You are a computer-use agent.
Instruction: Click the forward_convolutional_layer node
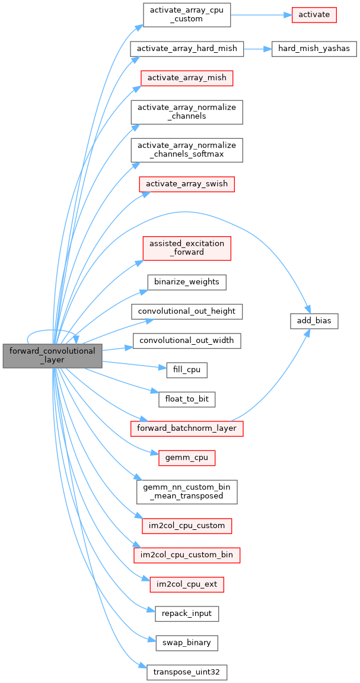pos(52,355)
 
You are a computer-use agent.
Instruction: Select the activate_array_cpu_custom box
pos(187,14)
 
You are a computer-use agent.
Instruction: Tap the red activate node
pos(314,14)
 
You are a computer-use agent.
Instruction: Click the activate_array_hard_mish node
pos(187,48)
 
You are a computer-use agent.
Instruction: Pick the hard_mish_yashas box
pos(314,48)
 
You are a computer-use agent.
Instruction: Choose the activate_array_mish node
pos(187,78)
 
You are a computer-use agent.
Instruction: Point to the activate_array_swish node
pos(187,183)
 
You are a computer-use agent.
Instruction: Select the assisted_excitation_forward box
pos(187,247)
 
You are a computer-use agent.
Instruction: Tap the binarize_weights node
pos(187,281)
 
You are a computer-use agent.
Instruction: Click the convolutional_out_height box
pos(187,311)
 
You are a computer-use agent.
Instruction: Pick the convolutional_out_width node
pos(187,341)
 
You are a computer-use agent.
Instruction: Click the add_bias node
pos(314,321)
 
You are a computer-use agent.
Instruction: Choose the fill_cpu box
pos(187,370)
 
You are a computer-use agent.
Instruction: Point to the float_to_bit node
pos(187,399)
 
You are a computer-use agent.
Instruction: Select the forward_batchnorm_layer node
pos(187,428)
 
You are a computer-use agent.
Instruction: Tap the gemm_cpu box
pos(187,458)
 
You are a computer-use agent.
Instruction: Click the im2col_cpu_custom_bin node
pos(187,555)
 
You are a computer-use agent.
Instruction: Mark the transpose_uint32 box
pos(187,672)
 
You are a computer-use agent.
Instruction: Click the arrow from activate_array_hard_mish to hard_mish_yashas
pos(257,48)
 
